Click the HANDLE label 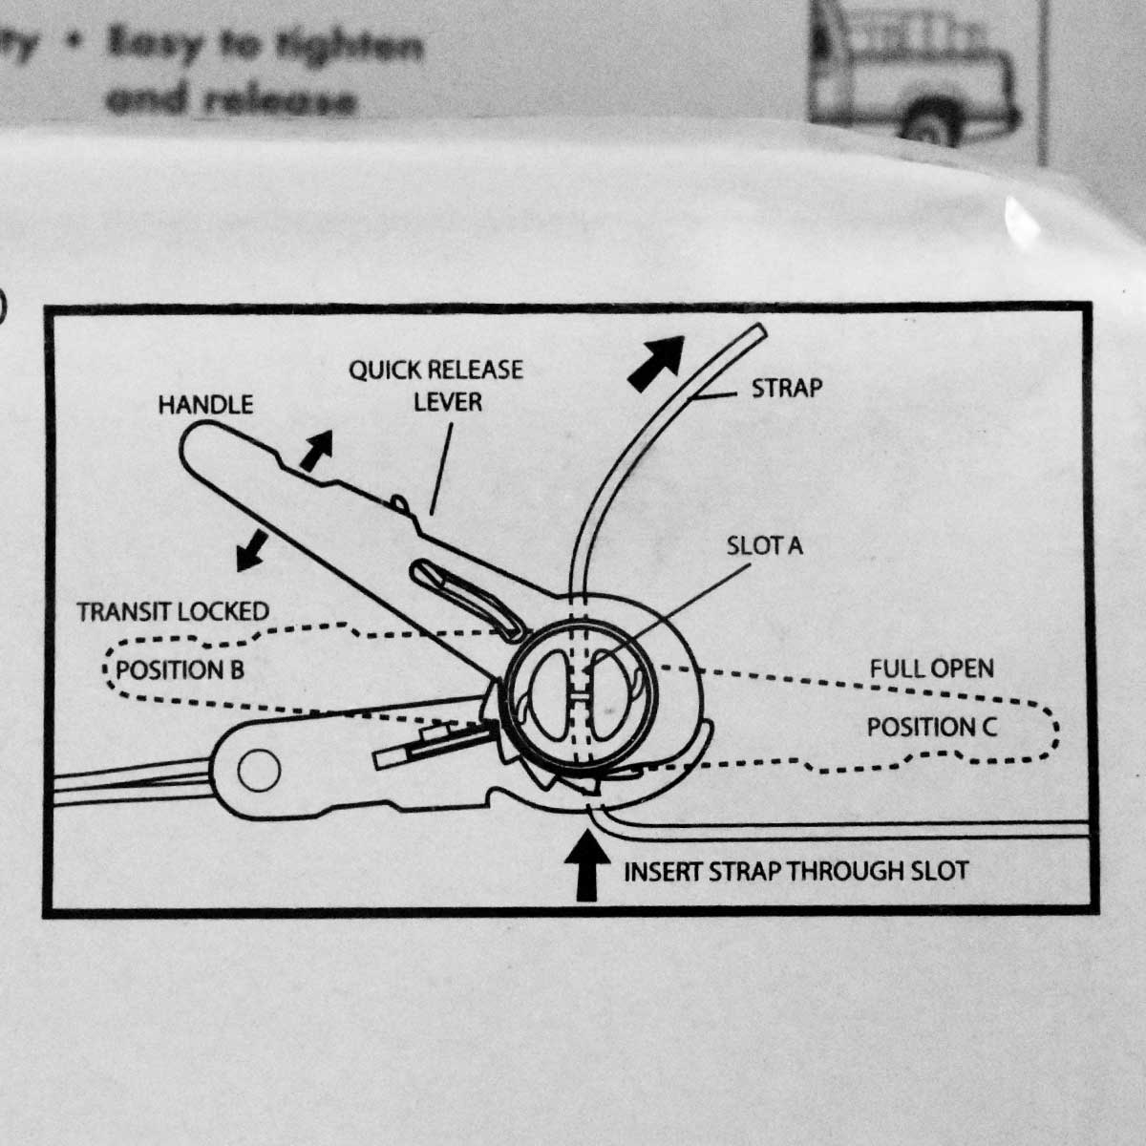[x=205, y=405]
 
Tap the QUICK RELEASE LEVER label [x=435, y=385]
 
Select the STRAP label [x=786, y=388]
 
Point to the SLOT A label [x=764, y=545]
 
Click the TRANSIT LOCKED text [x=173, y=611]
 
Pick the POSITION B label [x=180, y=669]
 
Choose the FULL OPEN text [x=931, y=668]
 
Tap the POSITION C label [x=931, y=728]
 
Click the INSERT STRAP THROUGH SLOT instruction [x=796, y=871]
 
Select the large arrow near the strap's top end [x=659, y=361]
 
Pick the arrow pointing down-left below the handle [x=252, y=551]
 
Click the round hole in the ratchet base [x=259, y=772]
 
